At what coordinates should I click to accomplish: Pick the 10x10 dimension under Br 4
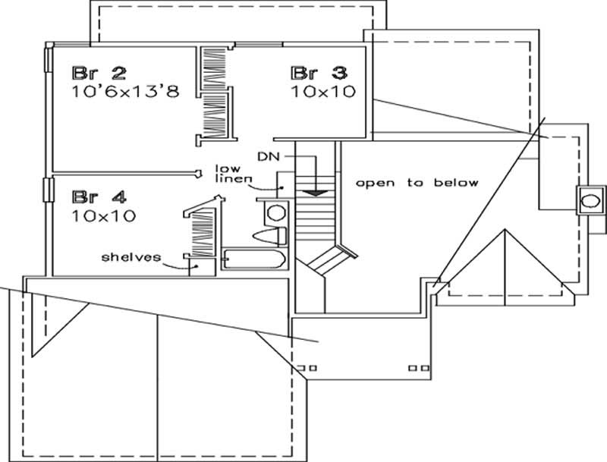pyautogui.click(x=103, y=216)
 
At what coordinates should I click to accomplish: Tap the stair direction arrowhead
pyautogui.click(x=318, y=193)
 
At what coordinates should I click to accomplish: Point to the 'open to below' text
pyautogui.click(x=417, y=183)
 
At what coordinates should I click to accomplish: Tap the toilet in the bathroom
pyautogui.click(x=269, y=234)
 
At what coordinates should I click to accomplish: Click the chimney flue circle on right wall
pyautogui.click(x=589, y=202)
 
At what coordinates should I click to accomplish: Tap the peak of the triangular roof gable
pyautogui.click(x=503, y=231)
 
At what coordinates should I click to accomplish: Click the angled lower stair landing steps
pyautogui.click(x=327, y=260)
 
